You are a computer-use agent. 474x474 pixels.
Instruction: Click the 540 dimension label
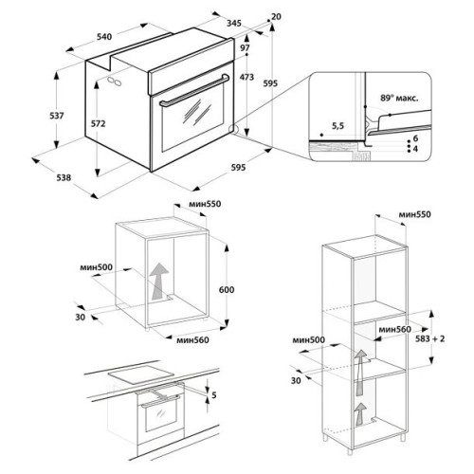coord(104,37)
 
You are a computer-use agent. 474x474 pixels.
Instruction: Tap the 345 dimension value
coord(234,23)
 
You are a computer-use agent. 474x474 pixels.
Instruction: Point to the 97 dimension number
coord(245,48)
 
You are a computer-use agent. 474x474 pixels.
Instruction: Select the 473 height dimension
coord(246,77)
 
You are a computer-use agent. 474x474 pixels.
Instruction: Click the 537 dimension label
coord(57,116)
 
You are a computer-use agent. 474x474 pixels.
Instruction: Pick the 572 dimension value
coord(98,124)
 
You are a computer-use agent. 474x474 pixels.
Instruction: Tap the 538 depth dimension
coord(64,178)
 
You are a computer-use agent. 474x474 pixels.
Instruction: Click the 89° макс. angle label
coord(399,99)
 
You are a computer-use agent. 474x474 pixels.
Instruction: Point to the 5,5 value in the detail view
coord(337,126)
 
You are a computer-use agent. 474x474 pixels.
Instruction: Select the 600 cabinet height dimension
coord(227,290)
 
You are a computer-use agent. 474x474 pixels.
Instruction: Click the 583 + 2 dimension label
coord(429,338)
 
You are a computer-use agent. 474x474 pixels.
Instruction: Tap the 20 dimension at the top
coord(276,17)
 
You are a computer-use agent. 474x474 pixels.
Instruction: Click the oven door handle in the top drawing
coord(194,90)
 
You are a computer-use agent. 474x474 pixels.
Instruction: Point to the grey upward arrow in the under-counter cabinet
coord(159,281)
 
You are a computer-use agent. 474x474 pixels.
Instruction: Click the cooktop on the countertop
coord(141,374)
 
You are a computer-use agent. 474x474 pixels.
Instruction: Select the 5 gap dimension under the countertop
coord(214,395)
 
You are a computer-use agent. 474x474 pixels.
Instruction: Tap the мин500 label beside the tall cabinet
coord(309,340)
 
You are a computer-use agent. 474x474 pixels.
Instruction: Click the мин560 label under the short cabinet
coord(192,340)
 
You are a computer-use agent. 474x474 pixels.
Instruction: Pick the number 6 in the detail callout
coord(415,138)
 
